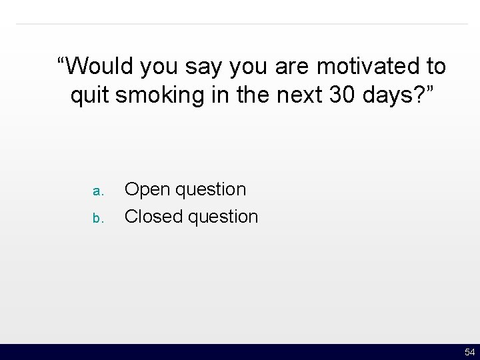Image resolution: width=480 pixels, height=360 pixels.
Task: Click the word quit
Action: [90, 96]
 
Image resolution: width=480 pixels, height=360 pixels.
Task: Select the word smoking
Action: [157, 96]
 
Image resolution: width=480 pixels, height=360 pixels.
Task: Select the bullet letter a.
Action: [97, 191]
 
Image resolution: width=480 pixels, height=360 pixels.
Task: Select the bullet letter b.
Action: [97, 218]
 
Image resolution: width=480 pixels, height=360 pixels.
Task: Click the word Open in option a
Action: [146, 190]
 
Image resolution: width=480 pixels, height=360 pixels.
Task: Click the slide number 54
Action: [469, 352]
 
